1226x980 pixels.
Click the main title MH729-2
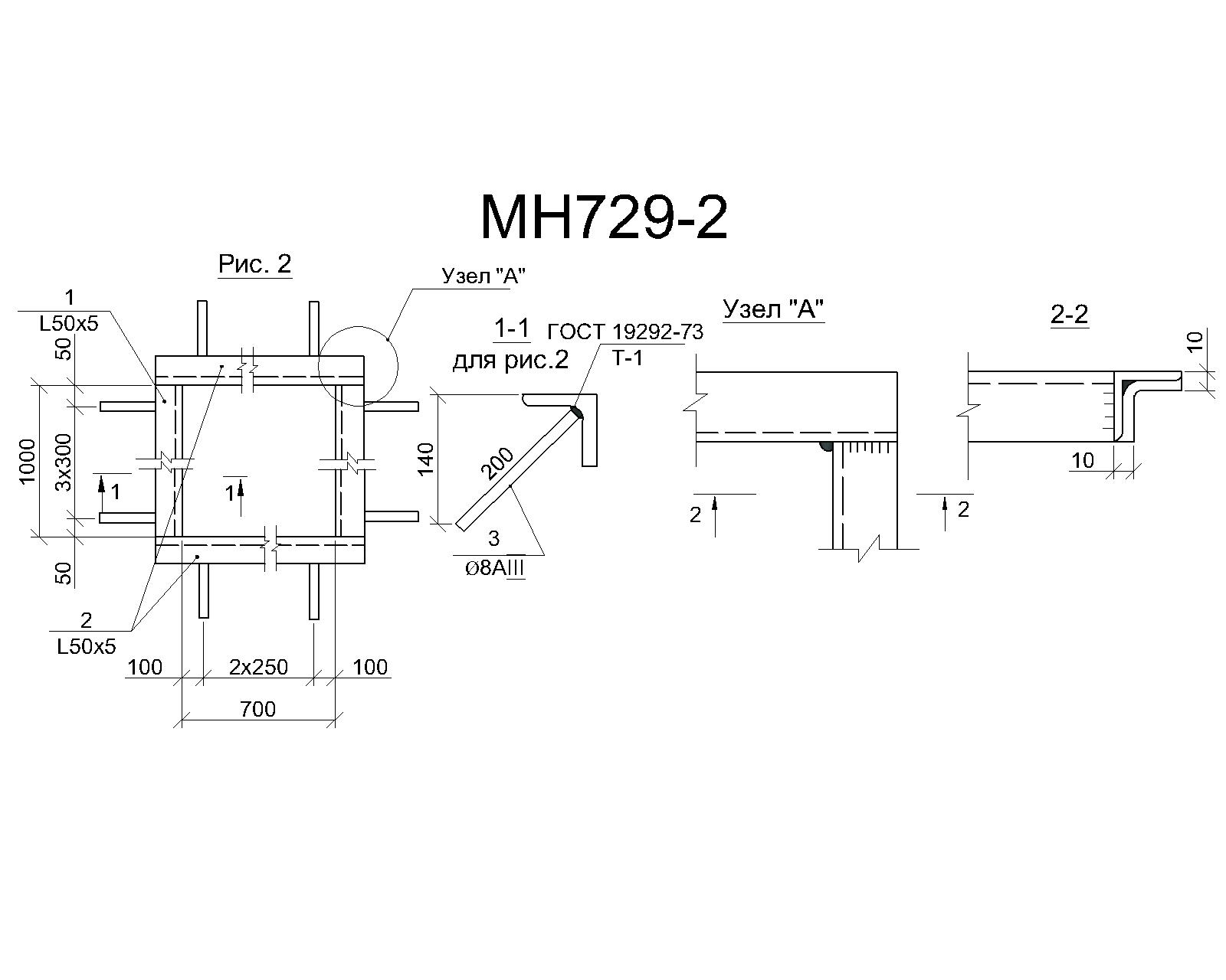pos(604,218)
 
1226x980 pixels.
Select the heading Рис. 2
pos(254,263)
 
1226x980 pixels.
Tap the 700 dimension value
pos(257,709)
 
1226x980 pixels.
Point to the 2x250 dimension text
pos(258,667)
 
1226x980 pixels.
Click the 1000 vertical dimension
pos(27,461)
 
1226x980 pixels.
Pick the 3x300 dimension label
pos(64,462)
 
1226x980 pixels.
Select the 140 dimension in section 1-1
pos(425,459)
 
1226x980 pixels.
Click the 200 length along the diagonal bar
pos(497,464)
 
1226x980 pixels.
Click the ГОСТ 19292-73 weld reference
pos(625,332)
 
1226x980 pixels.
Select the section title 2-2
pos(1070,315)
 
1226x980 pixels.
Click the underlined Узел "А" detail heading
pos(774,309)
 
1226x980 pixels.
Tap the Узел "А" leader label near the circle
pos(483,276)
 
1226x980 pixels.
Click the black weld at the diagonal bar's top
pos(578,411)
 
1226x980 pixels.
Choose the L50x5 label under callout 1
pos(68,324)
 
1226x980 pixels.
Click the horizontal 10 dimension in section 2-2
pos(1083,460)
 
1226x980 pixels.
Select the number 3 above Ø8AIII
pos(494,538)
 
